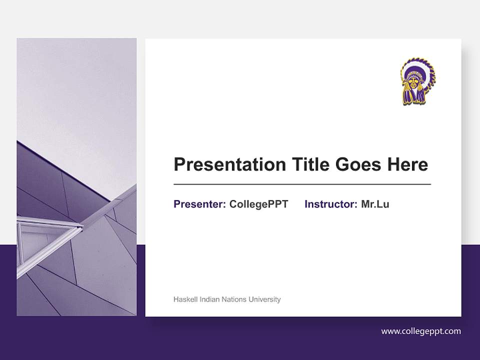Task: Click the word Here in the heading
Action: click(407, 164)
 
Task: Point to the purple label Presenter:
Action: click(199, 204)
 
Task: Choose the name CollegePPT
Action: click(258, 204)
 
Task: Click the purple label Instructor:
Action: click(331, 204)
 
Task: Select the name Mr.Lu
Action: click(375, 204)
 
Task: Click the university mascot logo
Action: click(417, 81)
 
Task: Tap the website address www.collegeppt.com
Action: click(421, 331)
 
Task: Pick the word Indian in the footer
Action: click(209, 299)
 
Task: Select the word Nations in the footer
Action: click(234, 299)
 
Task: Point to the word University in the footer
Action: click(265, 299)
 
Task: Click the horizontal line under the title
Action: click(302, 184)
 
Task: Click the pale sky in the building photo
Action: click(75, 90)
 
